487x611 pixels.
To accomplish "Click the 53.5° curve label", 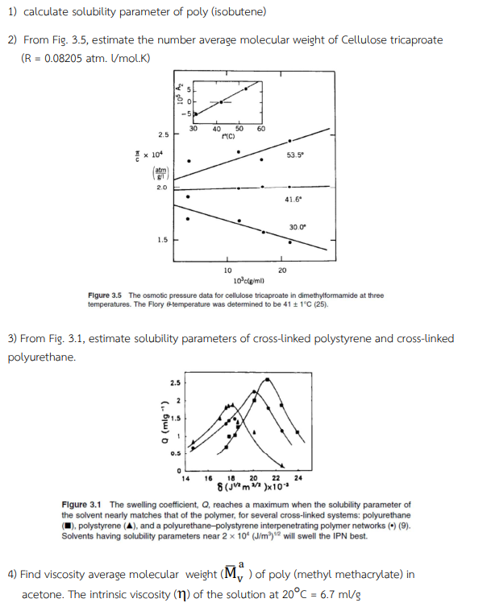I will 296,155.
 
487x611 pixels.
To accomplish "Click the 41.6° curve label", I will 293,199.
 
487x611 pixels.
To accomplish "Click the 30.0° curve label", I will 297,227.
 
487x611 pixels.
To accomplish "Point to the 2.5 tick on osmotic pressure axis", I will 163,134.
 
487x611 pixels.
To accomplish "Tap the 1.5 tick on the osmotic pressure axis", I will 163,239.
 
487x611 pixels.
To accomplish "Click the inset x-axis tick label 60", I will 260,128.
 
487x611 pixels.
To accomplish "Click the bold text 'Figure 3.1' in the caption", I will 81,505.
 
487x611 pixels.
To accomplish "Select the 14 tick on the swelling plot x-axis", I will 185,478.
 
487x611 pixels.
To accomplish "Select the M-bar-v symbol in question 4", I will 231,574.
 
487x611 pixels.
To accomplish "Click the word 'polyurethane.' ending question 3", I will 41,357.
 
